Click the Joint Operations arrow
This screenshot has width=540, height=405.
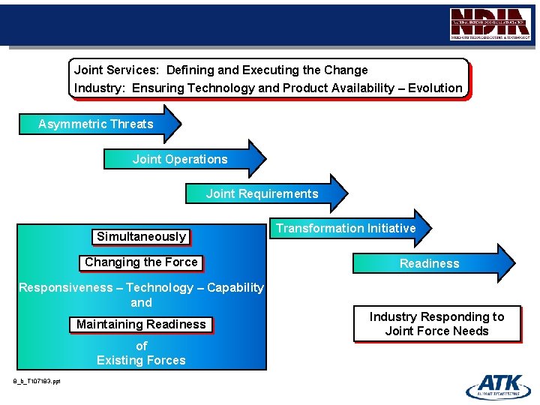click(x=184, y=159)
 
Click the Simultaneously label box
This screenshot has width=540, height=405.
click(x=141, y=237)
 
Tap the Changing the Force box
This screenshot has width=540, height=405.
click(x=141, y=262)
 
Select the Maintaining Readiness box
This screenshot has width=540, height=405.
click(x=141, y=325)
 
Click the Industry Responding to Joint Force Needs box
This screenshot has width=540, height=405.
click(x=436, y=324)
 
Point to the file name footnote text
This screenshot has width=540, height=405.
click(x=37, y=381)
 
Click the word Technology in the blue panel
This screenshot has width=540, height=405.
click(x=160, y=287)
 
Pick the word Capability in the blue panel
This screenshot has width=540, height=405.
click(x=235, y=287)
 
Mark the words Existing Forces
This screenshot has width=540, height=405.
click(x=141, y=361)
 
